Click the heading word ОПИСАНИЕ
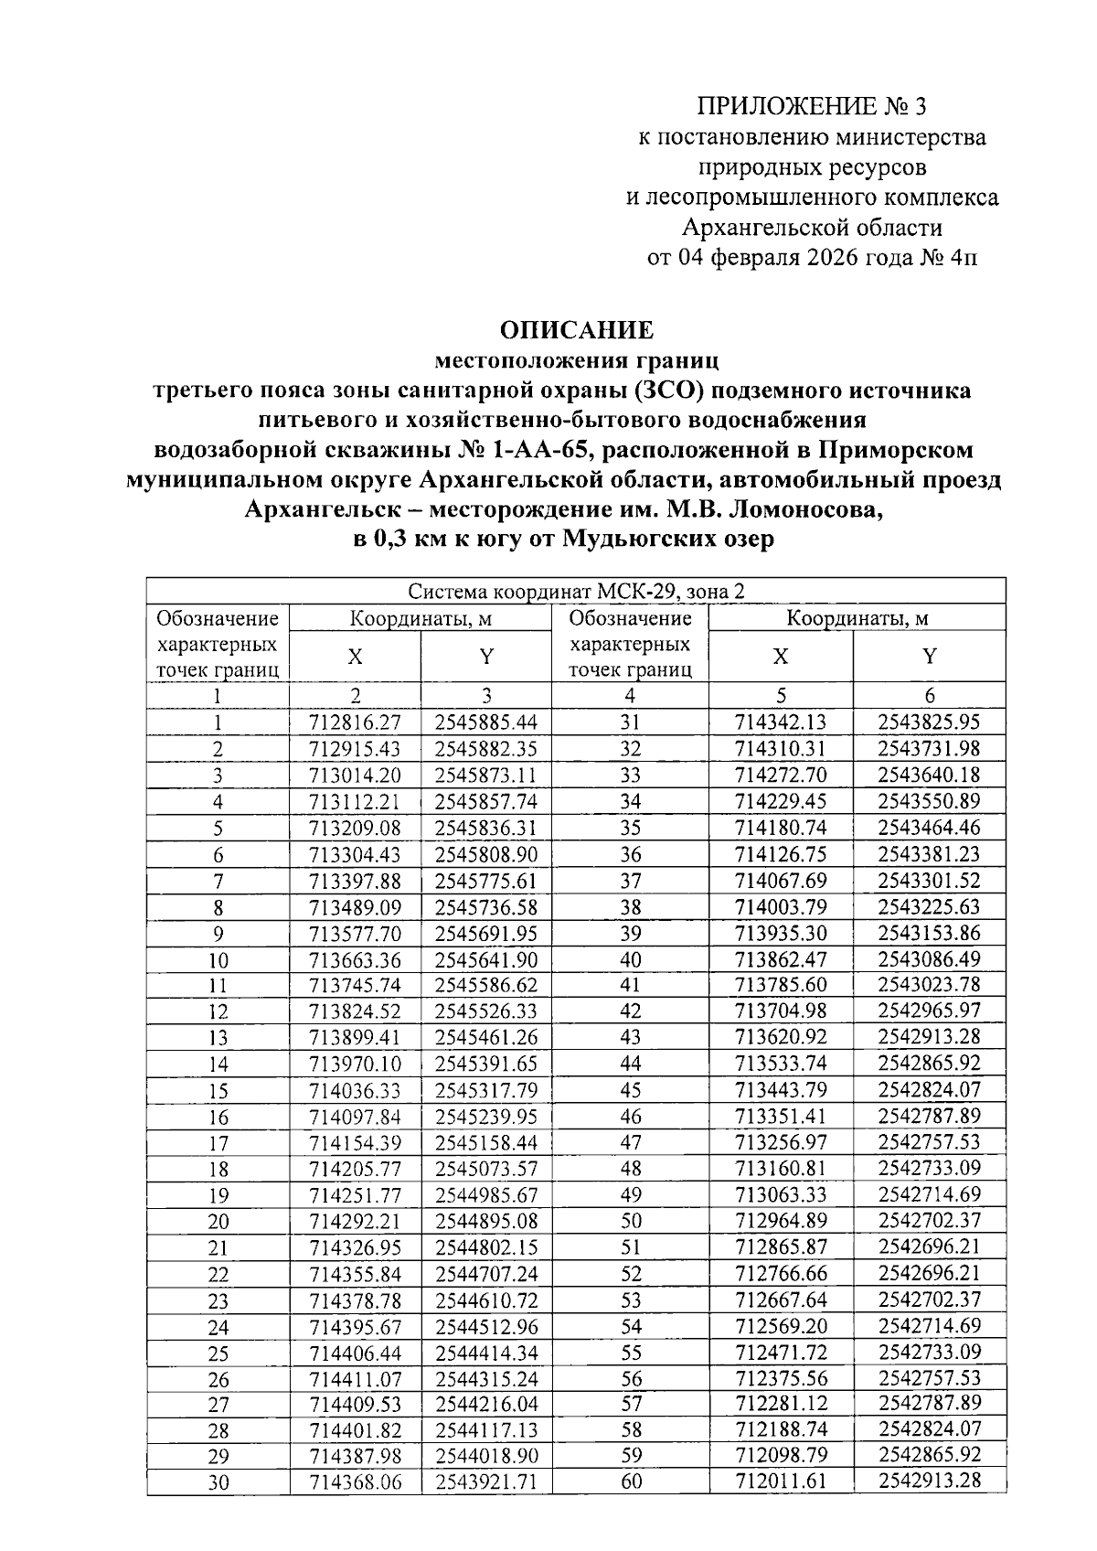pyautogui.click(x=576, y=329)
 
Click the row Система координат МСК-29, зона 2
pyautogui.click(x=576, y=591)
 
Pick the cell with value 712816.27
pyautogui.click(x=356, y=722)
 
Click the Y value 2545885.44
pyautogui.click(x=486, y=722)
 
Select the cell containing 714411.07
pyautogui.click(x=356, y=1379)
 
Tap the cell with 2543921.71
pyautogui.click(x=486, y=1482)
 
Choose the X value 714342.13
pyautogui.click(x=781, y=722)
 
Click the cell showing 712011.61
pyautogui.click(x=781, y=1481)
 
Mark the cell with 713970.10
pyautogui.click(x=356, y=1064)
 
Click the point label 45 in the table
pyautogui.click(x=631, y=1090)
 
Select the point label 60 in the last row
pyautogui.click(x=631, y=1481)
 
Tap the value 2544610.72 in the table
pyautogui.click(x=486, y=1300)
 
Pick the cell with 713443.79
pyautogui.click(x=781, y=1090)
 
